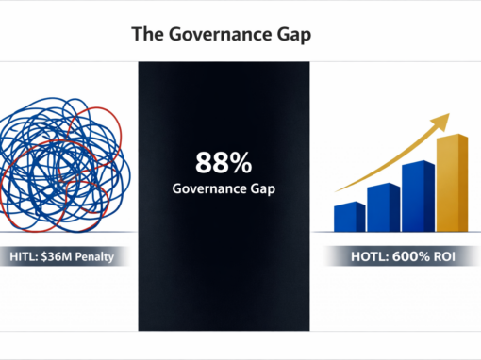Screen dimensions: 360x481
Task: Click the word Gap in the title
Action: pyautogui.click(x=290, y=35)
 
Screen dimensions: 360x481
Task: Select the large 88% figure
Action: pyautogui.click(x=224, y=163)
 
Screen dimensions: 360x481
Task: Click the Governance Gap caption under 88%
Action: pyautogui.click(x=224, y=188)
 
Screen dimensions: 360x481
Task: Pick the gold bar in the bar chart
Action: pyautogui.click(x=452, y=183)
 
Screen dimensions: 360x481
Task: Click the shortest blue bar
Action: pyautogui.click(x=350, y=216)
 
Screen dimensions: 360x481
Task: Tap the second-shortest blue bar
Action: pyautogui.click(x=383, y=206)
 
